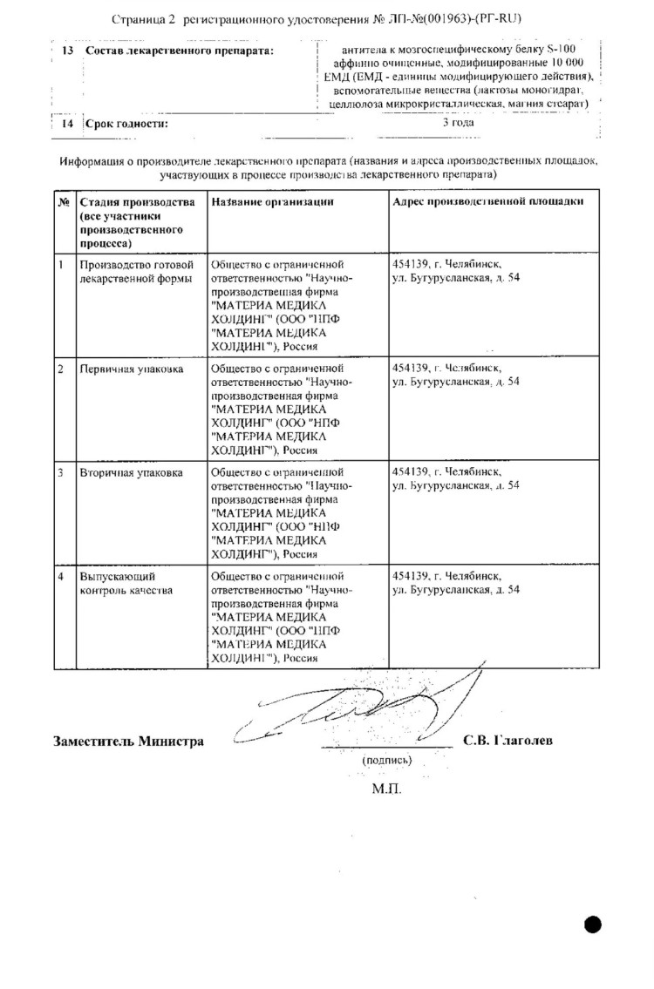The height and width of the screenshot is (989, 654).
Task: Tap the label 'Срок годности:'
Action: pyautogui.click(x=127, y=124)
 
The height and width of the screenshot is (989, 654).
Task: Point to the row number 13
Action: pyautogui.click(x=67, y=51)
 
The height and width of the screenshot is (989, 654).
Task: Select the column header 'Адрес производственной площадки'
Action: pyautogui.click(x=488, y=201)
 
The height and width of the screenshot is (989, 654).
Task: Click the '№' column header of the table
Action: pyautogui.click(x=64, y=201)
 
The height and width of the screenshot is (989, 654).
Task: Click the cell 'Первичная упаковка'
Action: pyautogui.click(x=132, y=369)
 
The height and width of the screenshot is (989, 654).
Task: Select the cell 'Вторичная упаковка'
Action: pyautogui.click(x=131, y=473)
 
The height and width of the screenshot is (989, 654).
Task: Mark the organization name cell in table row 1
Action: pyautogui.click(x=284, y=304)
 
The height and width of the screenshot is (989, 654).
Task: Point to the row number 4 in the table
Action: pyautogui.click(x=60, y=576)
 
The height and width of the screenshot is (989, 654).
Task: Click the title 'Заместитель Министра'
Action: pyautogui.click(x=128, y=742)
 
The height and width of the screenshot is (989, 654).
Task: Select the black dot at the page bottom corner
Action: pyautogui.click(x=594, y=925)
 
